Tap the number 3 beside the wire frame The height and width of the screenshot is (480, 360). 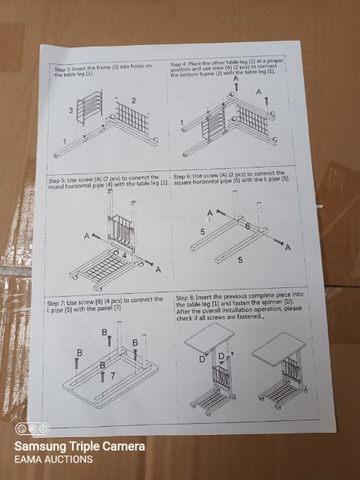[71, 111]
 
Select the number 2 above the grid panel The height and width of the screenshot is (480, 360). [134, 100]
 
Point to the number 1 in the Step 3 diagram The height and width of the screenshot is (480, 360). [64, 142]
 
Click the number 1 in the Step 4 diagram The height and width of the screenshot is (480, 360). [181, 123]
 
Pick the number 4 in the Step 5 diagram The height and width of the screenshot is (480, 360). [124, 255]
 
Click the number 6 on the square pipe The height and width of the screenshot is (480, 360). [247, 227]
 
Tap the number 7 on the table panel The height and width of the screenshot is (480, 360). [113, 375]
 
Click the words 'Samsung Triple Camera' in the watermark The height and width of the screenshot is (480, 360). [80, 446]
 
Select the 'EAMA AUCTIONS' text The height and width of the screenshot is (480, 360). [53, 459]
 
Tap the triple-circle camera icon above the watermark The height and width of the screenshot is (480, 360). [32, 428]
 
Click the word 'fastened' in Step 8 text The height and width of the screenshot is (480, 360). [251, 316]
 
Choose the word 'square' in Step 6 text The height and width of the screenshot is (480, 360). [183, 183]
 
